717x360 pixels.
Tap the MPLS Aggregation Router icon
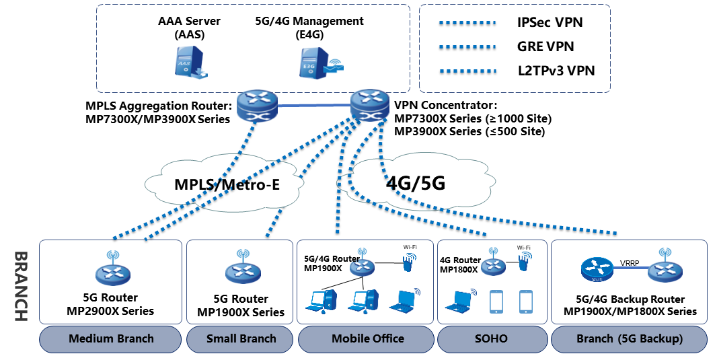pyautogui.click(x=258, y=106)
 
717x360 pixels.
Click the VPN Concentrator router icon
pyautogui.click(x=370, y=106)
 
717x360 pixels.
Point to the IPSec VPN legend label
pyautogui.click(x=550, y=22)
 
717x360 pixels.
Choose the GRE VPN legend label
pyautogui.click(x=545, y=46)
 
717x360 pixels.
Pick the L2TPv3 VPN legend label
pyautogui.click(x=556, y=71)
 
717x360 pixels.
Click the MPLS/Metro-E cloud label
pyautogui.click(x=227, y=185)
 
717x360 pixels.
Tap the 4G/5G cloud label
pyautogui.click(x=415, y=183)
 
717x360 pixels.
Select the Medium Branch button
pyautogui.click(x=111, y=339)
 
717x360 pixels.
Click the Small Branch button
pyautogui.click(x=241, y=339)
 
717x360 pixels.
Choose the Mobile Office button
pyautogui.click(x=367, y=339)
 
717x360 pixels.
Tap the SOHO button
pyautogui.click(x=492, y=339)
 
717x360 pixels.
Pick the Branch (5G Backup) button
pyautogui.click(x=629, y=339)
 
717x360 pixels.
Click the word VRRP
pyautogui.click(x=629, y=263)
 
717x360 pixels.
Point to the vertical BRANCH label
pyautogui.click(x=21, y=287)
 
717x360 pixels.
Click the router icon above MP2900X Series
pyautogui.click(x=113, y=271)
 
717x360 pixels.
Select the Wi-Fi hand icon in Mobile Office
pyautogui.click(x=409, y=262)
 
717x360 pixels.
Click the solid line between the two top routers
pyautogui.click(x=314, y=106)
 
